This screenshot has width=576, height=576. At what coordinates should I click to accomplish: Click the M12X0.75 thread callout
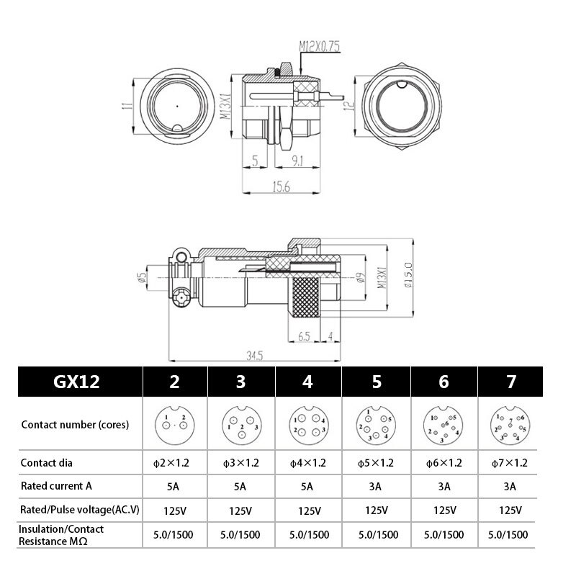tap(320, 48)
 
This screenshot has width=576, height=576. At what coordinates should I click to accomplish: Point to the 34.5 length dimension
tap(254, 356)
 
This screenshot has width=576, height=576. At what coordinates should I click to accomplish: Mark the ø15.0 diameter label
tap(408, 275)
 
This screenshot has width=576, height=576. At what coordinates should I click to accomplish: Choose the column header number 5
tap(377, 382)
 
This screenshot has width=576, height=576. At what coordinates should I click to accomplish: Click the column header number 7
tap(510, 382)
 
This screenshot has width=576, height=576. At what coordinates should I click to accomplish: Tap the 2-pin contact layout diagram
tap(174, 425)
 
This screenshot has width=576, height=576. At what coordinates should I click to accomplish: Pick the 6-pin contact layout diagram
tap(443, 425)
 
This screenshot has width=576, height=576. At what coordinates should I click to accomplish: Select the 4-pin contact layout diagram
tap(307, 425)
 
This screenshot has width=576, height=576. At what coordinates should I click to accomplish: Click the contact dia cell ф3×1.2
tap(240, 463)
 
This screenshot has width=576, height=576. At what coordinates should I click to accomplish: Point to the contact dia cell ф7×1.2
tap(510, 463)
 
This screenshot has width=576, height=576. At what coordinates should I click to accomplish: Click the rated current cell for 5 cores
tap(376, 487)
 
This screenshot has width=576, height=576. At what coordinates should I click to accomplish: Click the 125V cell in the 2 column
tap(174, 510)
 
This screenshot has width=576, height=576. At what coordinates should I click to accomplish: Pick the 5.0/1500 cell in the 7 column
tap(508, 534)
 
